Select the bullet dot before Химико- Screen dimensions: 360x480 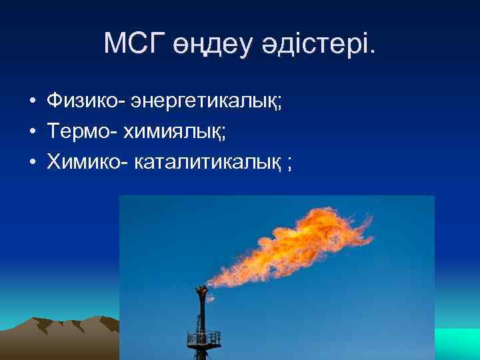coord(32,163)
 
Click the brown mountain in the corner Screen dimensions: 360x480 coord(60,337)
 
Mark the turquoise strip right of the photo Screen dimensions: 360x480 coord(457,343)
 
